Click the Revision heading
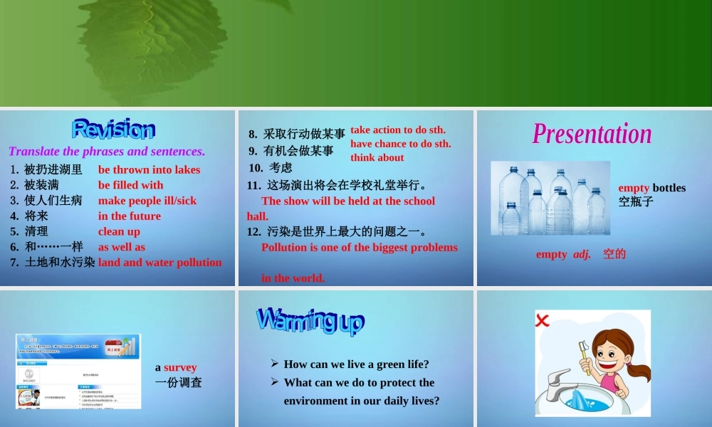[x=113, y=130]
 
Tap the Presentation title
[x=592, y=134]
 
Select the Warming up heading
[x=310, y=321]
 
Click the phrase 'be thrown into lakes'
[x=149, y=169]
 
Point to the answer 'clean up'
[x=119, y=231]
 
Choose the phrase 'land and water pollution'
[x=159, y=262]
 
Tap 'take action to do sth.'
[x=397, y=130]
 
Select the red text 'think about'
[x=377, y=157]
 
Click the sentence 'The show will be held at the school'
[x=348, y=201]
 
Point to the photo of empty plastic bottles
[x=550, y=198]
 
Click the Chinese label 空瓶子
[x=635, y=201]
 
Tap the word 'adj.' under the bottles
[x=582, y=254]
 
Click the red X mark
[x=543, y=320]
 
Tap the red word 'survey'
[x=180, y=367]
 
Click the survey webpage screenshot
[x=78, y=371]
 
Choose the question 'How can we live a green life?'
[x=356, y=364]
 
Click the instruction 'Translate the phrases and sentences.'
[x=107, y=151]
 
